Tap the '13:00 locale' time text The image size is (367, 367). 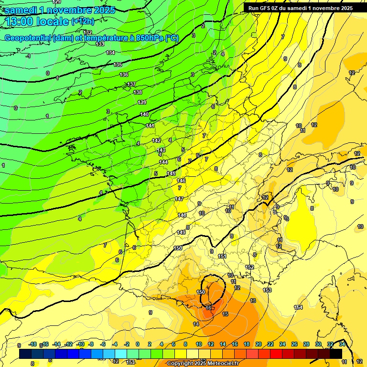[36, 21]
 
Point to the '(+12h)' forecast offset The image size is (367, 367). [83, 21]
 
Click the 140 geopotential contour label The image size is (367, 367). [144, 115]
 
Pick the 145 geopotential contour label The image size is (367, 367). [172, 173]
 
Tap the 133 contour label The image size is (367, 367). [100, 44]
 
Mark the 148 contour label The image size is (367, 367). [183, 216]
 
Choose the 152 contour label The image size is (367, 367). [249, 267]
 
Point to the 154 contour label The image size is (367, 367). [299, 307]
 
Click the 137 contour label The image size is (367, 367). [131, 85]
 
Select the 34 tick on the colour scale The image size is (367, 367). [342, 344]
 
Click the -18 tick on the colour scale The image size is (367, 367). [33, 344]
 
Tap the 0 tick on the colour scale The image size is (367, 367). [138, 344]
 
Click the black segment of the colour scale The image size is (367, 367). [336, 354]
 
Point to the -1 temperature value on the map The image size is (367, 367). [29, 56]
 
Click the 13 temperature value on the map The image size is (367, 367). [253, 301]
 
